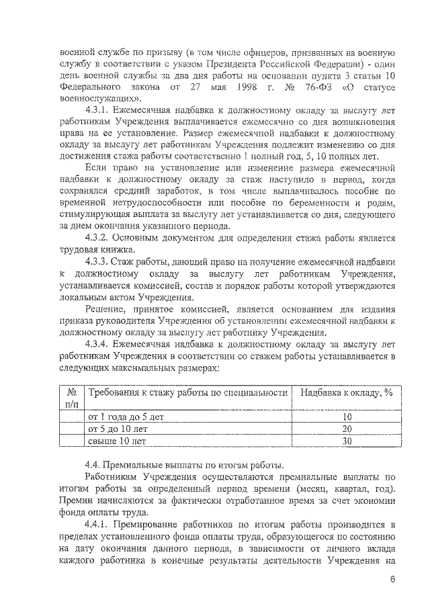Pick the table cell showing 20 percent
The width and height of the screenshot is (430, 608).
tap(347, 429)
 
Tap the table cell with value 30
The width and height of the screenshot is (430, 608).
tap(347, 441)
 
